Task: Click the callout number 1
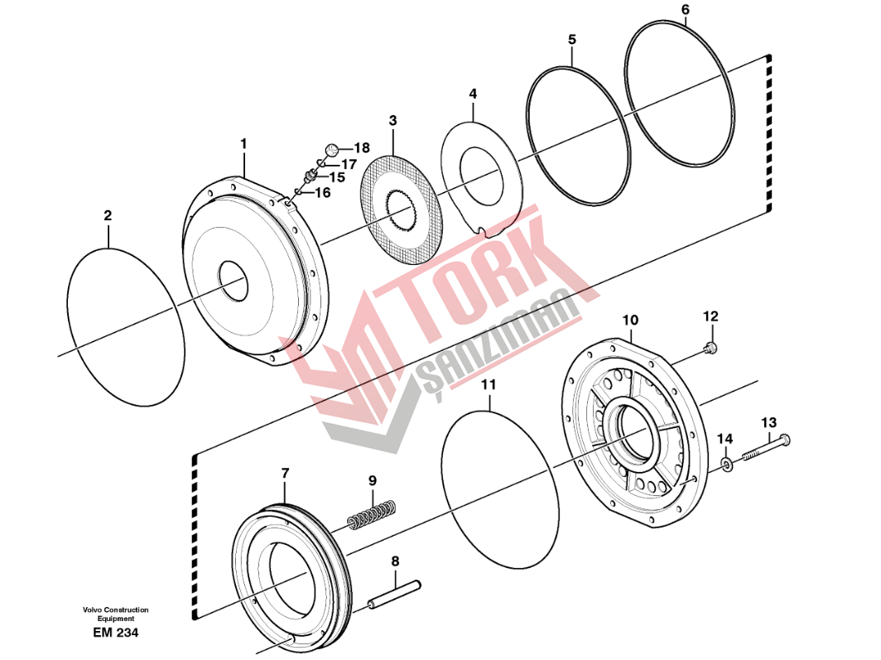coord(243,144)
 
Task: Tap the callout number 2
coord(108,215)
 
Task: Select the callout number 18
coord(361,148)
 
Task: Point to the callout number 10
coord(630,320)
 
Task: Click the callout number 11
coord(489,385)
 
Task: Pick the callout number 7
coord(285,473)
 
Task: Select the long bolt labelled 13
coord(763,448)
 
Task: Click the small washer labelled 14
coord(726,465)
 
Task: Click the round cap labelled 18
coord(330,150)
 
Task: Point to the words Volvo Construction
coord(116,610)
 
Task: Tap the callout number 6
coord(685,10)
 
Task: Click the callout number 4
coord(473,94)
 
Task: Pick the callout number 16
coord(321,192)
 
